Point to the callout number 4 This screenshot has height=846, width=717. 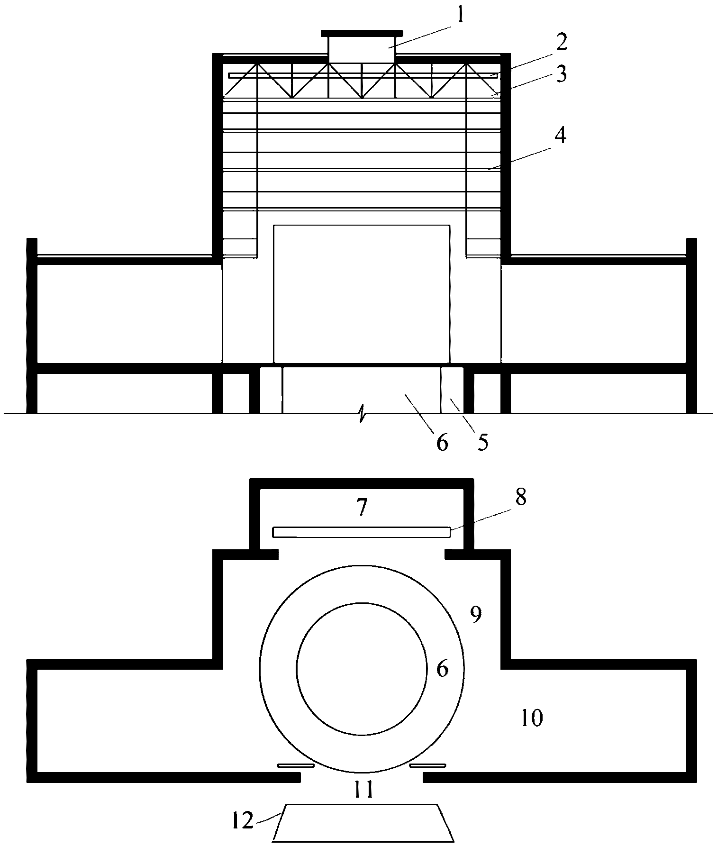pyautogui.click(x=561, y=136)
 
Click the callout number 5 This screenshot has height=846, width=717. pyautogui.click(x=482, y=442)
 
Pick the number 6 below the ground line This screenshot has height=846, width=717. pyautogui.click(x=442, y=442)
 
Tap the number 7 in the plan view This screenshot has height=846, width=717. pyautogui.click(x=362, y=508)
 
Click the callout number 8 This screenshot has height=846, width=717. pyautogui.click(x=521, y=498)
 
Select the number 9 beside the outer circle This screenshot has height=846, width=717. pyautogui.click(x=476, y=614)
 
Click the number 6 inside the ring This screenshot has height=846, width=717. pyautogui.click(x=442, y=669)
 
